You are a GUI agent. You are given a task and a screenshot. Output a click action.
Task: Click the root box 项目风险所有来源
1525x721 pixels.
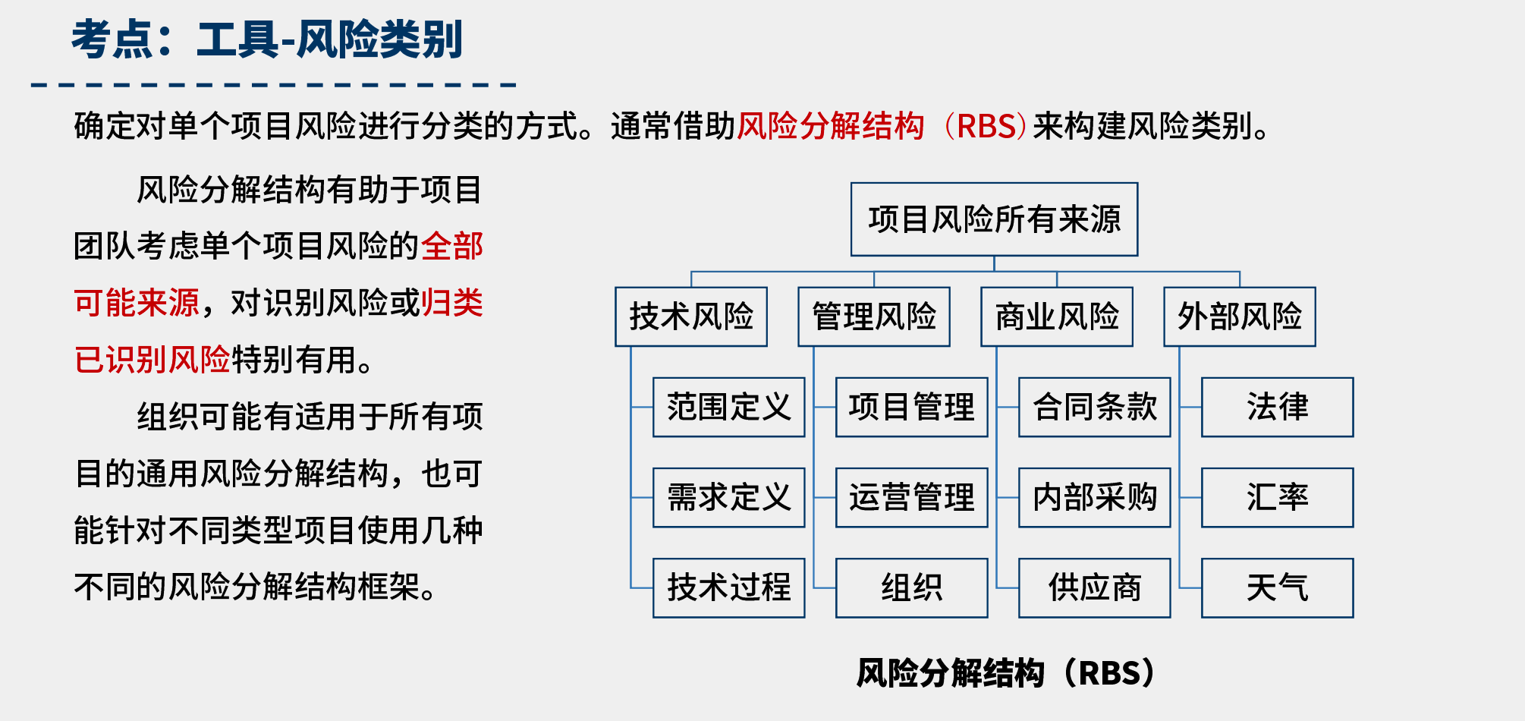tap(994, 219)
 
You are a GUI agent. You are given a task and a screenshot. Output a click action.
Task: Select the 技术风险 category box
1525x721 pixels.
tap(691, 316)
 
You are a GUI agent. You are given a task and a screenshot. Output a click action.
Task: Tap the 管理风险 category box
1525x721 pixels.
tap(874, 316)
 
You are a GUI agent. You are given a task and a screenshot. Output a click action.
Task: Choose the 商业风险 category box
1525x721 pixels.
tap(1057, 316)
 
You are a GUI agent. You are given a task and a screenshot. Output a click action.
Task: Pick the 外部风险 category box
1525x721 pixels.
tap(1240, 316)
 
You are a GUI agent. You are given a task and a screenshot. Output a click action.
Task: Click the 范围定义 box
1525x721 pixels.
tap(728, 407)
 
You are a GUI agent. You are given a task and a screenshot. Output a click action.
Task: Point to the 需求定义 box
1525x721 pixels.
tap(728, 497)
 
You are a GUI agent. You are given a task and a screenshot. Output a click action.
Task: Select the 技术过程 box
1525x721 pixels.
tap(728, 587)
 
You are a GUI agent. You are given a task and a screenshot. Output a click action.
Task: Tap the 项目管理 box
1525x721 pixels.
tap(911, 407)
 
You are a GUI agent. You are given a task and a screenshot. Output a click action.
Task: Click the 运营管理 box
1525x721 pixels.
tap(911, 497)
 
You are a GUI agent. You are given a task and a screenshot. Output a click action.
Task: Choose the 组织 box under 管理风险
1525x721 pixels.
tap(911, 587)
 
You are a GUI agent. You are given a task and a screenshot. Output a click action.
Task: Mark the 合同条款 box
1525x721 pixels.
tap(1094, 407)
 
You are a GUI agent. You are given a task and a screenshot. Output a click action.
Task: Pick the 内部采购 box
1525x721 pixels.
tap(1094, 497)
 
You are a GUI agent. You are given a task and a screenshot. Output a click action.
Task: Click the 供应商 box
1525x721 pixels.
tap(1094, 587)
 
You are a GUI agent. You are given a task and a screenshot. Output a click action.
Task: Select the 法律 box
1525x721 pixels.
tap(1277, 407)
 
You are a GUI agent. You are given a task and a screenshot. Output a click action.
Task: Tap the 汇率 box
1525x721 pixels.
tap(1277, 497)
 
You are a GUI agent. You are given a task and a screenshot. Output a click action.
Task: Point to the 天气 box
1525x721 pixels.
tap(1277, 587)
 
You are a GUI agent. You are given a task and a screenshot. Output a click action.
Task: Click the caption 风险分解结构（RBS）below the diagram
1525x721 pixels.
tap(1005, 673)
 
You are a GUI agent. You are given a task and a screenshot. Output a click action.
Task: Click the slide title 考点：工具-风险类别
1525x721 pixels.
tap(266, 39)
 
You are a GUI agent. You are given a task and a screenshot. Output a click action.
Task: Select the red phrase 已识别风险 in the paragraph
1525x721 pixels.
tap(152, 360)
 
